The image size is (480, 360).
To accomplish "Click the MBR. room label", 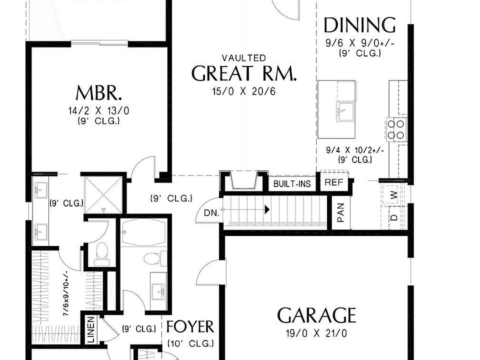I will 99,93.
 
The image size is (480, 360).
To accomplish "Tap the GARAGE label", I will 316,316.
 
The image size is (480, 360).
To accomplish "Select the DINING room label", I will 359,25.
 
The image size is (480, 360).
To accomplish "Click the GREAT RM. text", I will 244,74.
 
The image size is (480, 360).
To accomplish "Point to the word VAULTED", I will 244,58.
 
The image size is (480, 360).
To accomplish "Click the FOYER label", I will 189,327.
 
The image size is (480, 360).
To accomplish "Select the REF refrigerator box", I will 333,182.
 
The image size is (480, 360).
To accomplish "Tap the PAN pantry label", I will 341,212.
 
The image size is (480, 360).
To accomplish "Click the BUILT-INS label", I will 292,184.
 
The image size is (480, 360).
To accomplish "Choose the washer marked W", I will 394,195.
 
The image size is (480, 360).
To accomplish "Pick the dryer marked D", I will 394,217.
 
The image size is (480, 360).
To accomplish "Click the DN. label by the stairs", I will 211,212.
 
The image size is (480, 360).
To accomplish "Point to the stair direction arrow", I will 268,209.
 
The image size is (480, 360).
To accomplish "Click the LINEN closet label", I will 91,330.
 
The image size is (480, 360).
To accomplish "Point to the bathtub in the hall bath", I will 141,232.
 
